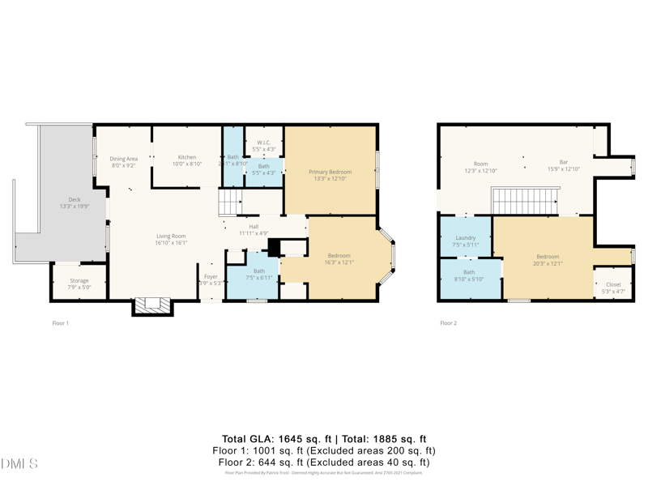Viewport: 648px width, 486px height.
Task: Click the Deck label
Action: click(74, 199)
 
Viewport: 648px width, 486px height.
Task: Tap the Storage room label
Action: click(79, 281)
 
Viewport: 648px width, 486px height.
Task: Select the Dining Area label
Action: click(124, 159)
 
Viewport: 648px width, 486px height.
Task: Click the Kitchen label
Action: click(187, 157)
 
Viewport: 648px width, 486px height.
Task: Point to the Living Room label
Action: click(171, 236)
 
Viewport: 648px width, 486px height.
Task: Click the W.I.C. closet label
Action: click(264, 143)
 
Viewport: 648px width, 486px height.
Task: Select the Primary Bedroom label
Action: click(330, 172)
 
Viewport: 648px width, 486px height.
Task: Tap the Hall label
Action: click(254, 227)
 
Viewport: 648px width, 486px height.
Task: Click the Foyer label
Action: click(211, 276)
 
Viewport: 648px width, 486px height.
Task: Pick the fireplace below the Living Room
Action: click(152, 305)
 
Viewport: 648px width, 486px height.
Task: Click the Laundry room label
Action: click(466, 238)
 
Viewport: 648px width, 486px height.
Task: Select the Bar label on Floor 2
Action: click(564, 162)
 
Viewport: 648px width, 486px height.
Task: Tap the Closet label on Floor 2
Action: click(613, 284)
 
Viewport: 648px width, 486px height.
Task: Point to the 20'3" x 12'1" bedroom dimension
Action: click(547, 263)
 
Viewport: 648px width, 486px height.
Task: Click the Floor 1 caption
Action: click(60, 323)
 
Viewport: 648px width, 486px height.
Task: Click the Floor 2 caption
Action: click(448, 323)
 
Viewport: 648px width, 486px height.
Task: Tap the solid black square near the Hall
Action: click(274, 247)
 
